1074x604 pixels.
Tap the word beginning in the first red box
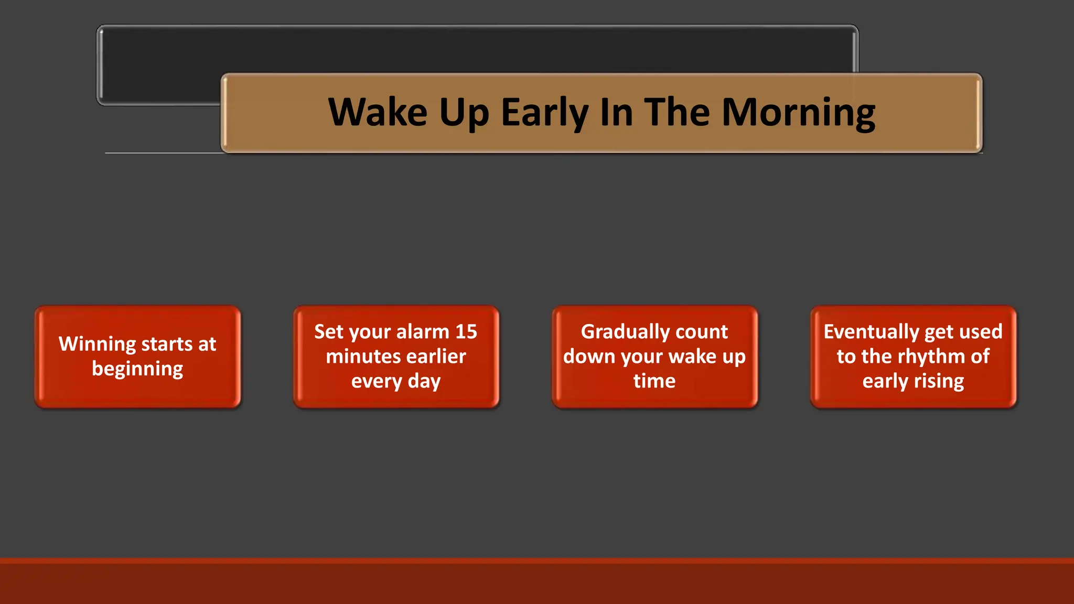(137, 369)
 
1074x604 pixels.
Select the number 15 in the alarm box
(466, 332)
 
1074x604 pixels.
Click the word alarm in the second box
(422, 332)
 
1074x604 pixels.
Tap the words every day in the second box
(396, 381)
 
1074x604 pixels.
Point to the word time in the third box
(654, 381)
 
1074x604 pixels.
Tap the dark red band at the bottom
(537, 582)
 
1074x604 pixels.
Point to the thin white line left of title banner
(163, 153)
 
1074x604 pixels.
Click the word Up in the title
(464, 113)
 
